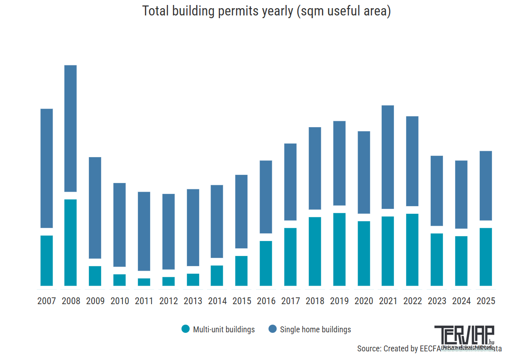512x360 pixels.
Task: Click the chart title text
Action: click(266, 11)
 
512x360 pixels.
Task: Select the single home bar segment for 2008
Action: click(70, 128)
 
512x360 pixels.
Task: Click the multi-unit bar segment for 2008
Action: click(70, 242)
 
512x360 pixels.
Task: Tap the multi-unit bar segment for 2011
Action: click(144, 282)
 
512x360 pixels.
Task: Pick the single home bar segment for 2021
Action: click(388, 157)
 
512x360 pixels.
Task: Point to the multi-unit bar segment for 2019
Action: click(339, 249)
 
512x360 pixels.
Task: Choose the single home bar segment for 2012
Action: click(168, 232)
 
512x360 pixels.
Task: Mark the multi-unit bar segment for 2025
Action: click(486, 256)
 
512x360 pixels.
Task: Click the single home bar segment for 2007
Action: click(47, 168)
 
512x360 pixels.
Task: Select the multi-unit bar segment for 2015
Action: click(241, 271)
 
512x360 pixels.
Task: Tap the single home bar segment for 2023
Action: click(437, 191)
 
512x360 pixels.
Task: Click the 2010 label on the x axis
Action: click(119, 301)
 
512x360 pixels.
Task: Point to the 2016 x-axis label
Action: click(266, 301)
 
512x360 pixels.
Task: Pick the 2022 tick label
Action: click(412, 301)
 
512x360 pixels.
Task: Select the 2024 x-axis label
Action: click(461, 301)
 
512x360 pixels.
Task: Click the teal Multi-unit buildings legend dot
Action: click(185, 330)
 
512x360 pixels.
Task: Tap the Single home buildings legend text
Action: click(315, 330)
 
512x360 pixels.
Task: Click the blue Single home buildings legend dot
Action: click(272, 330)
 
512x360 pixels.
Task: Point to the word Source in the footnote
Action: click(369, 349)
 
